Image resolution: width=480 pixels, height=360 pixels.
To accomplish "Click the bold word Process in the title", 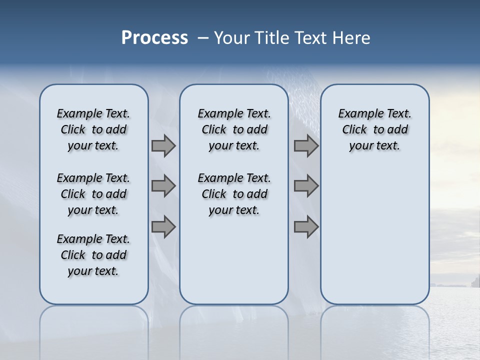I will (x=154, y=38).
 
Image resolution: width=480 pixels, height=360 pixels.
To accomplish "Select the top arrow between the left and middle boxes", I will (x=163, y=145).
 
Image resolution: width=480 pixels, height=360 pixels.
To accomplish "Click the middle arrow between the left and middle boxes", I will (x=163, y=186).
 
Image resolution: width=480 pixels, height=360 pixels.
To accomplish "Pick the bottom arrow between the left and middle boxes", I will (x=163, y=226).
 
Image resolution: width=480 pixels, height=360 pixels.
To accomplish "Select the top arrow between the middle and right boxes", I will (x=306, y=145).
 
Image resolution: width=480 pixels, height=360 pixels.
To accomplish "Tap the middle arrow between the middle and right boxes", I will (x=306, y=186).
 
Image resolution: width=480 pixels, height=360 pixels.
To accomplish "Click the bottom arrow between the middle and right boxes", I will (x=306, y=226).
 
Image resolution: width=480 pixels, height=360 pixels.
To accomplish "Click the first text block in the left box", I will (x=93, y=129).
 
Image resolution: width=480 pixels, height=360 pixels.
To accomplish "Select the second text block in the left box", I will (x=93, y=194).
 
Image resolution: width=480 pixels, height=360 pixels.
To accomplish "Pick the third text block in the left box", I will (x=93, y=255).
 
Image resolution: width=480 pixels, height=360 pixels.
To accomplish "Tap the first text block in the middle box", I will (x=234, y=129).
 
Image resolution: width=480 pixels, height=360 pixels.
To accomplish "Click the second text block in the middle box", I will (x=234, y=194).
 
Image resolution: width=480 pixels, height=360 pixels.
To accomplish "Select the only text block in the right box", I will (x=374, y=129).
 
